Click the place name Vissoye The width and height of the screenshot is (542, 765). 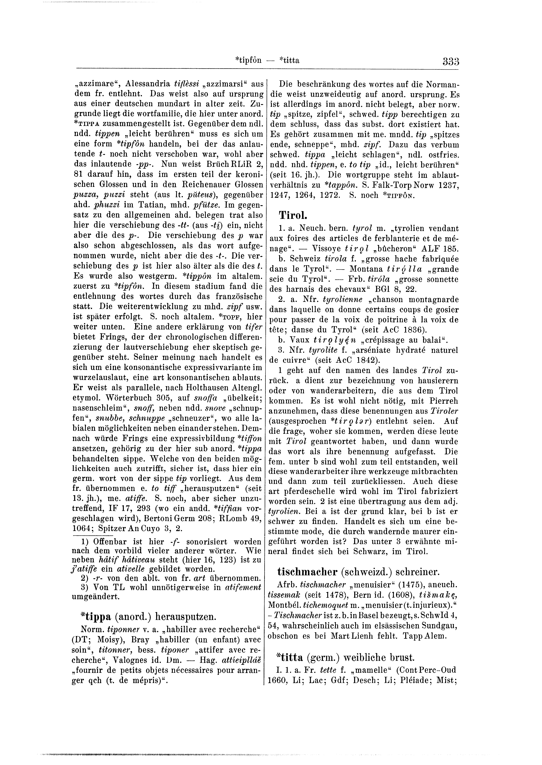coord(324,248)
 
